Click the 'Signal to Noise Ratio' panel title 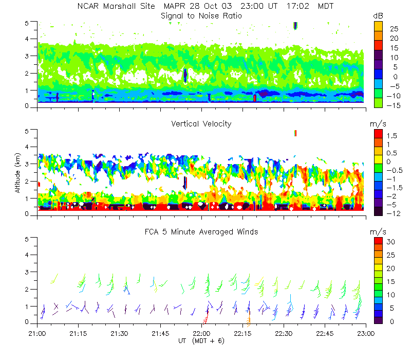[201, 16]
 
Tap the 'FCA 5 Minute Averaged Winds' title [201, 232]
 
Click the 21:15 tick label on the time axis [78, 333]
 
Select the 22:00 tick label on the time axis [201, 333]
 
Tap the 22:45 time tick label [325, 333]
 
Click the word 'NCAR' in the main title [88, 7]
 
